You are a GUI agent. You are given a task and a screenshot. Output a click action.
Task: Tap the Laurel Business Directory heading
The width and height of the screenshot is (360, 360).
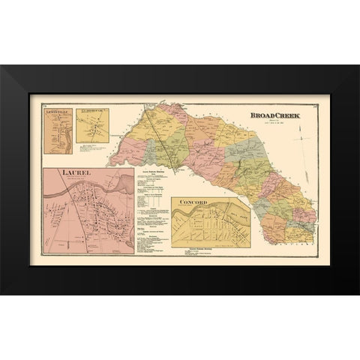tap(152, 172)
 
